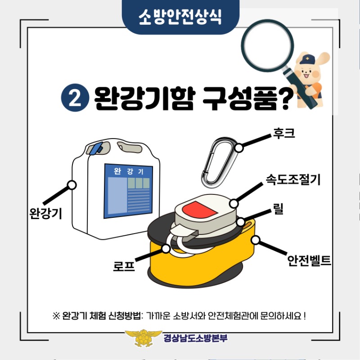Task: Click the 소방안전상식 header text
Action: pyautogui.click(x=180, y=17)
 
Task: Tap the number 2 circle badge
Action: pyautogui.click(x=75, y=98)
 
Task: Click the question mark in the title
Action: pyautogui.click(x=285, y=99)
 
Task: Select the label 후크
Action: pyautogui.click(x=284, y=133)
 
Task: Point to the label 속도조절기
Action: pyautogui.click(x=293, y=179)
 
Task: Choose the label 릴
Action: pyautogui.click(x=278, y=209)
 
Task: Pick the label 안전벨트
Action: pyautogui.click(x=309, y=261)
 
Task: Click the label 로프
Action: pyautogui.click(x=124, y=266)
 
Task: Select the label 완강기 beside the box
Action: pyautogui.click(x=46, y=213)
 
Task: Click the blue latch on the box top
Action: pyautogui.click(x=96, y=148)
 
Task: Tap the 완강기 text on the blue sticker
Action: pyautogui.click(x=129, y=171)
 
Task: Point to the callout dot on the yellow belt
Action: pyautogui.click(x=255, y=240)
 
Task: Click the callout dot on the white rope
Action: pyautogui.click(x=166, y=248)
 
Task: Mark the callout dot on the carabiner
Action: pyautogui.click(x=239, y=148)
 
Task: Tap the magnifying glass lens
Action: pyautogui.click(x=267, y=45)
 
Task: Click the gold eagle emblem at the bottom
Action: pyautogui.click(x=143, y=338)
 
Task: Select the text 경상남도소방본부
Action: pyautogui.click(x=195, y=338)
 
